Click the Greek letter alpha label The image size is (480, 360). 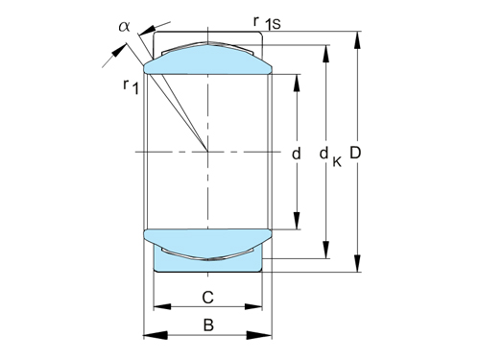pyautogui.click(x=124, y=26)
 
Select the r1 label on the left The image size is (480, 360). pyautogui.click(x=129, y=87)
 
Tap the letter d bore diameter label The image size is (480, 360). pyautogui.click(x=296, y=153)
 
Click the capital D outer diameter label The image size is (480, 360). pyautogui.click(x=357, y=153)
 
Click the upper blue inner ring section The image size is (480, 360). pyautogui.click(x=207, y=62)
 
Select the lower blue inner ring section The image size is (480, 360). pyautogui.click(x=207, y=237)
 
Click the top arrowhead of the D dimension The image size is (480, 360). pyautogui.click(x=357, y=39)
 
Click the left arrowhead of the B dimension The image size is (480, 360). pyautogui.click(x=148, y=335)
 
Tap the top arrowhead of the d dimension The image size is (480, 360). pyautogui.click(x=296, y=79)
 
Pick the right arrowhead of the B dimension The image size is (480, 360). pyautogui.click(x=268, y=335)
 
